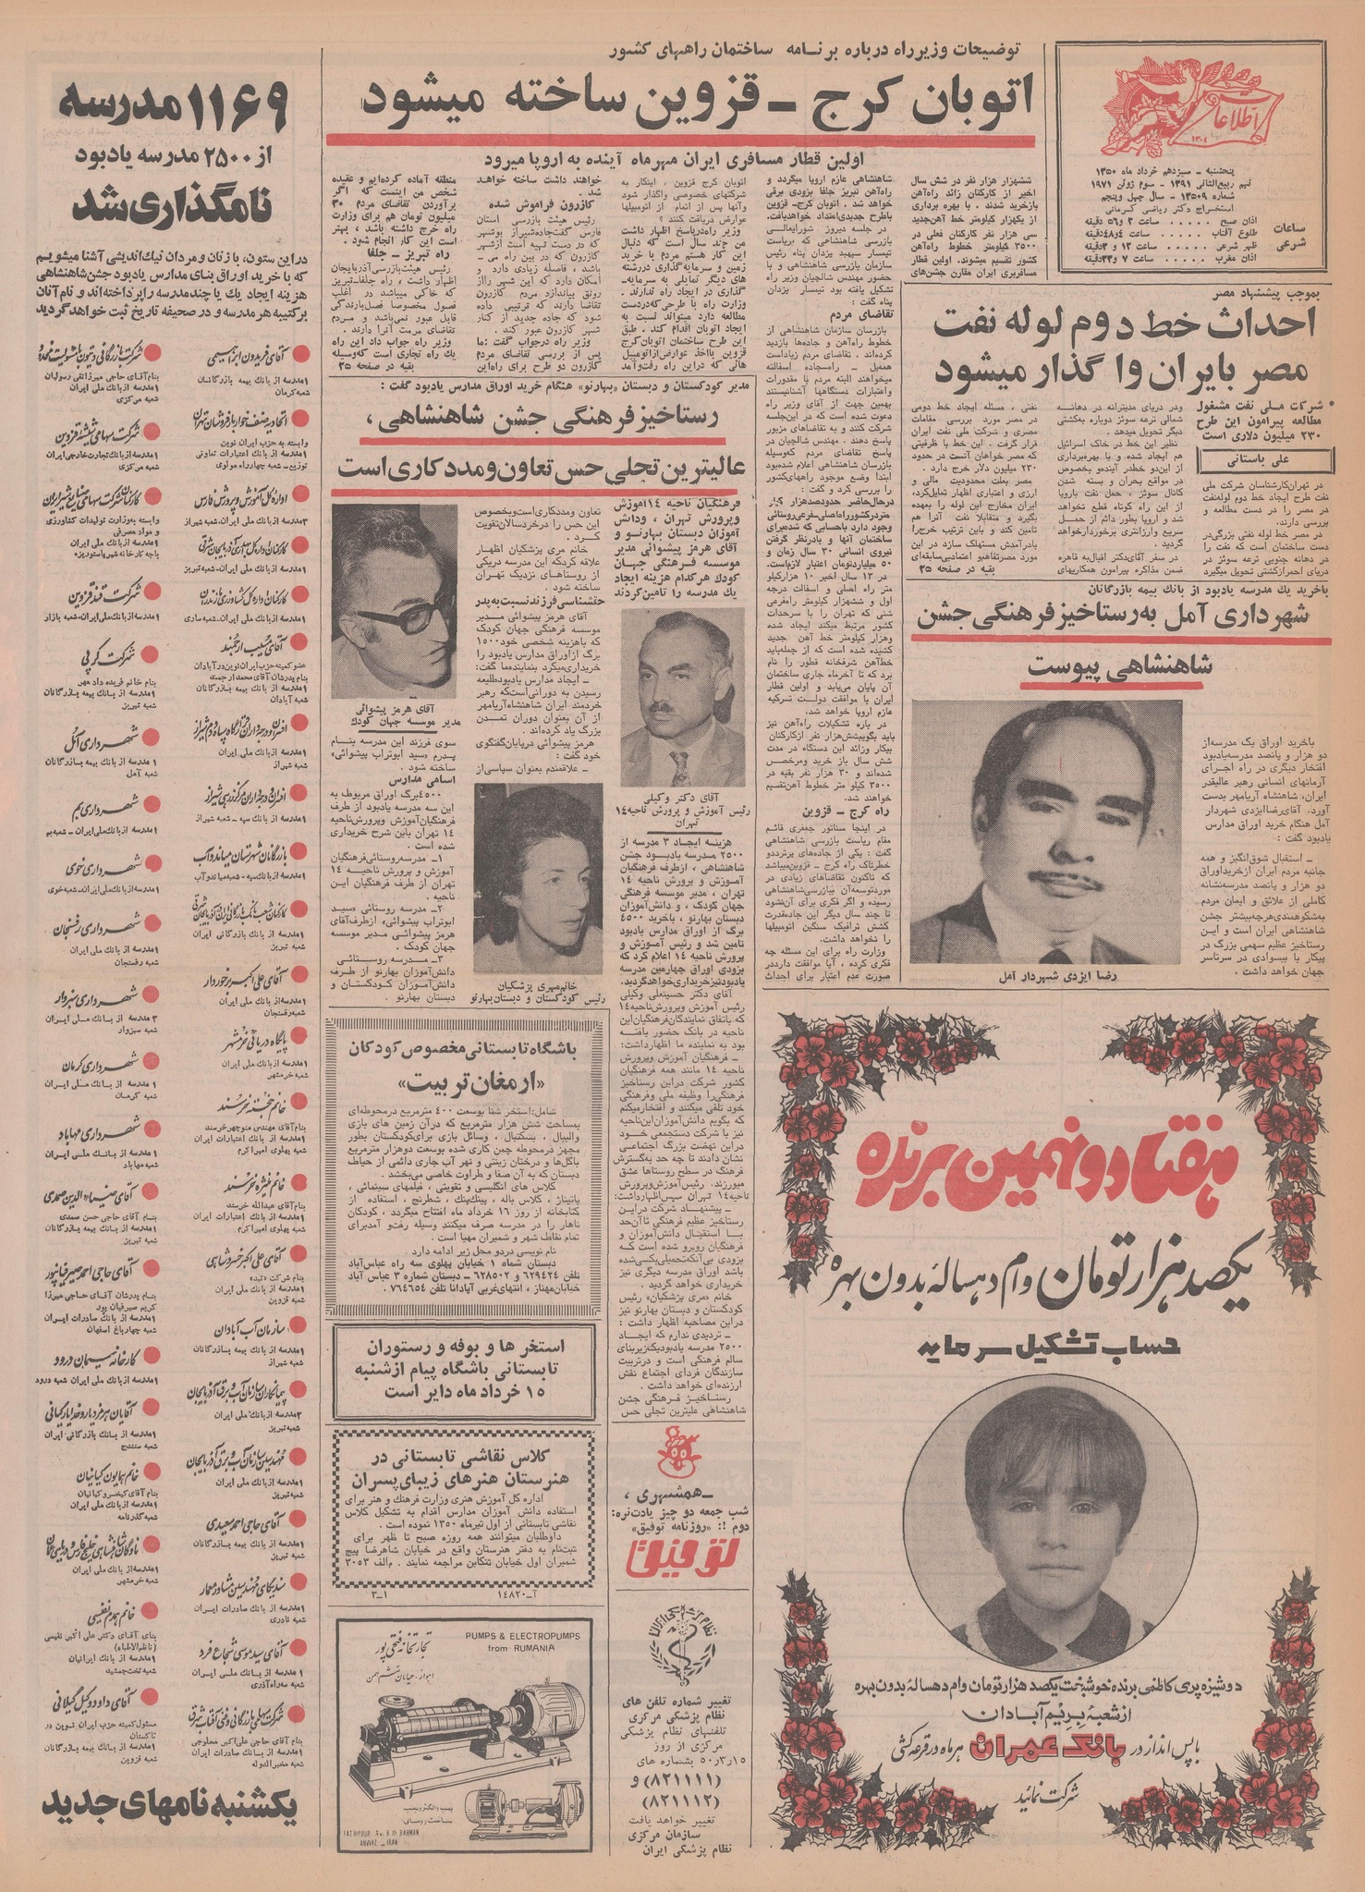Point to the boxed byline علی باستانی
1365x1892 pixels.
[x=1265, y=458]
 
